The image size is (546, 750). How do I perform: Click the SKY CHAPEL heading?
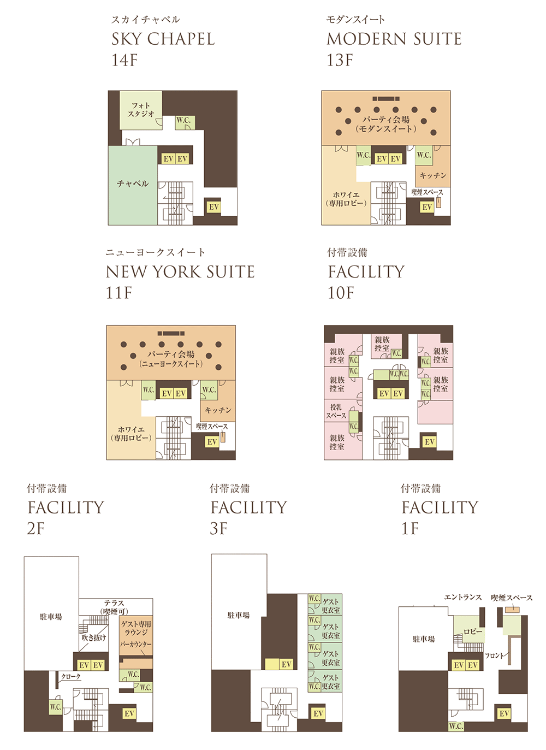[163, 39]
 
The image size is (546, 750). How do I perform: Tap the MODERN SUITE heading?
[394, 39]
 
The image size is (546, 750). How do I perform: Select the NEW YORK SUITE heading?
[180, 271]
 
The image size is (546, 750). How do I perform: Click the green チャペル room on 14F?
[132, 184]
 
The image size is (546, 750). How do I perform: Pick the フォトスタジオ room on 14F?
[141, 110]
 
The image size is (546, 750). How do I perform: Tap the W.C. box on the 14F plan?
[183, 121]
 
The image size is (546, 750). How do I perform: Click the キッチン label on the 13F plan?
[433, 175]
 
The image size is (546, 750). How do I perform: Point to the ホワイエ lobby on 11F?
[130, 434]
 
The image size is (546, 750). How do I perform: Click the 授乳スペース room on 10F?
[336, 411]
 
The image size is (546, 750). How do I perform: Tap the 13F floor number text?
[340, 60]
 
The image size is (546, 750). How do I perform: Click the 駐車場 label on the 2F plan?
[51, 617]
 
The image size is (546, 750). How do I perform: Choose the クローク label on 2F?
[71, 677]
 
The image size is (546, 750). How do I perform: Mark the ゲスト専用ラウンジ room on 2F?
[136, 628]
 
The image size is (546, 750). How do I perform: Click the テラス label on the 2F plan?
[114, 603]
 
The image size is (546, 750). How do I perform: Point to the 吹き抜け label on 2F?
[94, 637]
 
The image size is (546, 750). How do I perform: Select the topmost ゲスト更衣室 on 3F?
[330, 606]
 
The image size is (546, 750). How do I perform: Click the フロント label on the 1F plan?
[495, 655]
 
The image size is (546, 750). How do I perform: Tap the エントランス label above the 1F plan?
[463, 597]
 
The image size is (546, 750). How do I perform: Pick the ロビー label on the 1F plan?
[473, 631]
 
